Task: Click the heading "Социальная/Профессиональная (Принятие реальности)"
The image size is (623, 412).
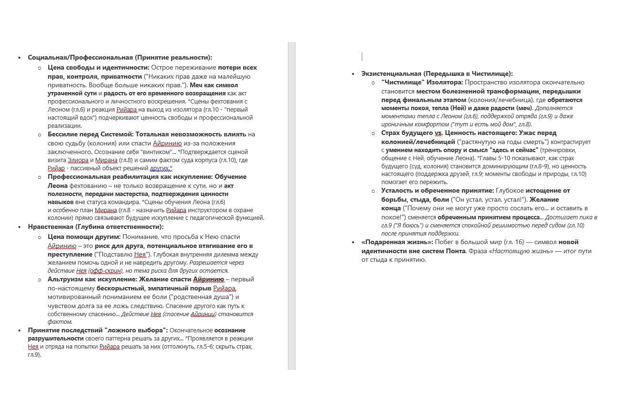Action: [x=120, y=58]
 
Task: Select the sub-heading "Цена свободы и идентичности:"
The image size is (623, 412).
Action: [x=99, y=68]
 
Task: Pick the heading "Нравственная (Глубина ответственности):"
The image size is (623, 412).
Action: [x=95, y=227]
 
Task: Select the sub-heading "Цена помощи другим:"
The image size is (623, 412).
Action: [x=84, y=237]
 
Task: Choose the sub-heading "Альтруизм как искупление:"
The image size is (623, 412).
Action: [x=92, y=279]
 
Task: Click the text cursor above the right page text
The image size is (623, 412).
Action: [x=362, y=57]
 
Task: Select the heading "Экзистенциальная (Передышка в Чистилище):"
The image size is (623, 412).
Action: [x=437, y=73]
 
